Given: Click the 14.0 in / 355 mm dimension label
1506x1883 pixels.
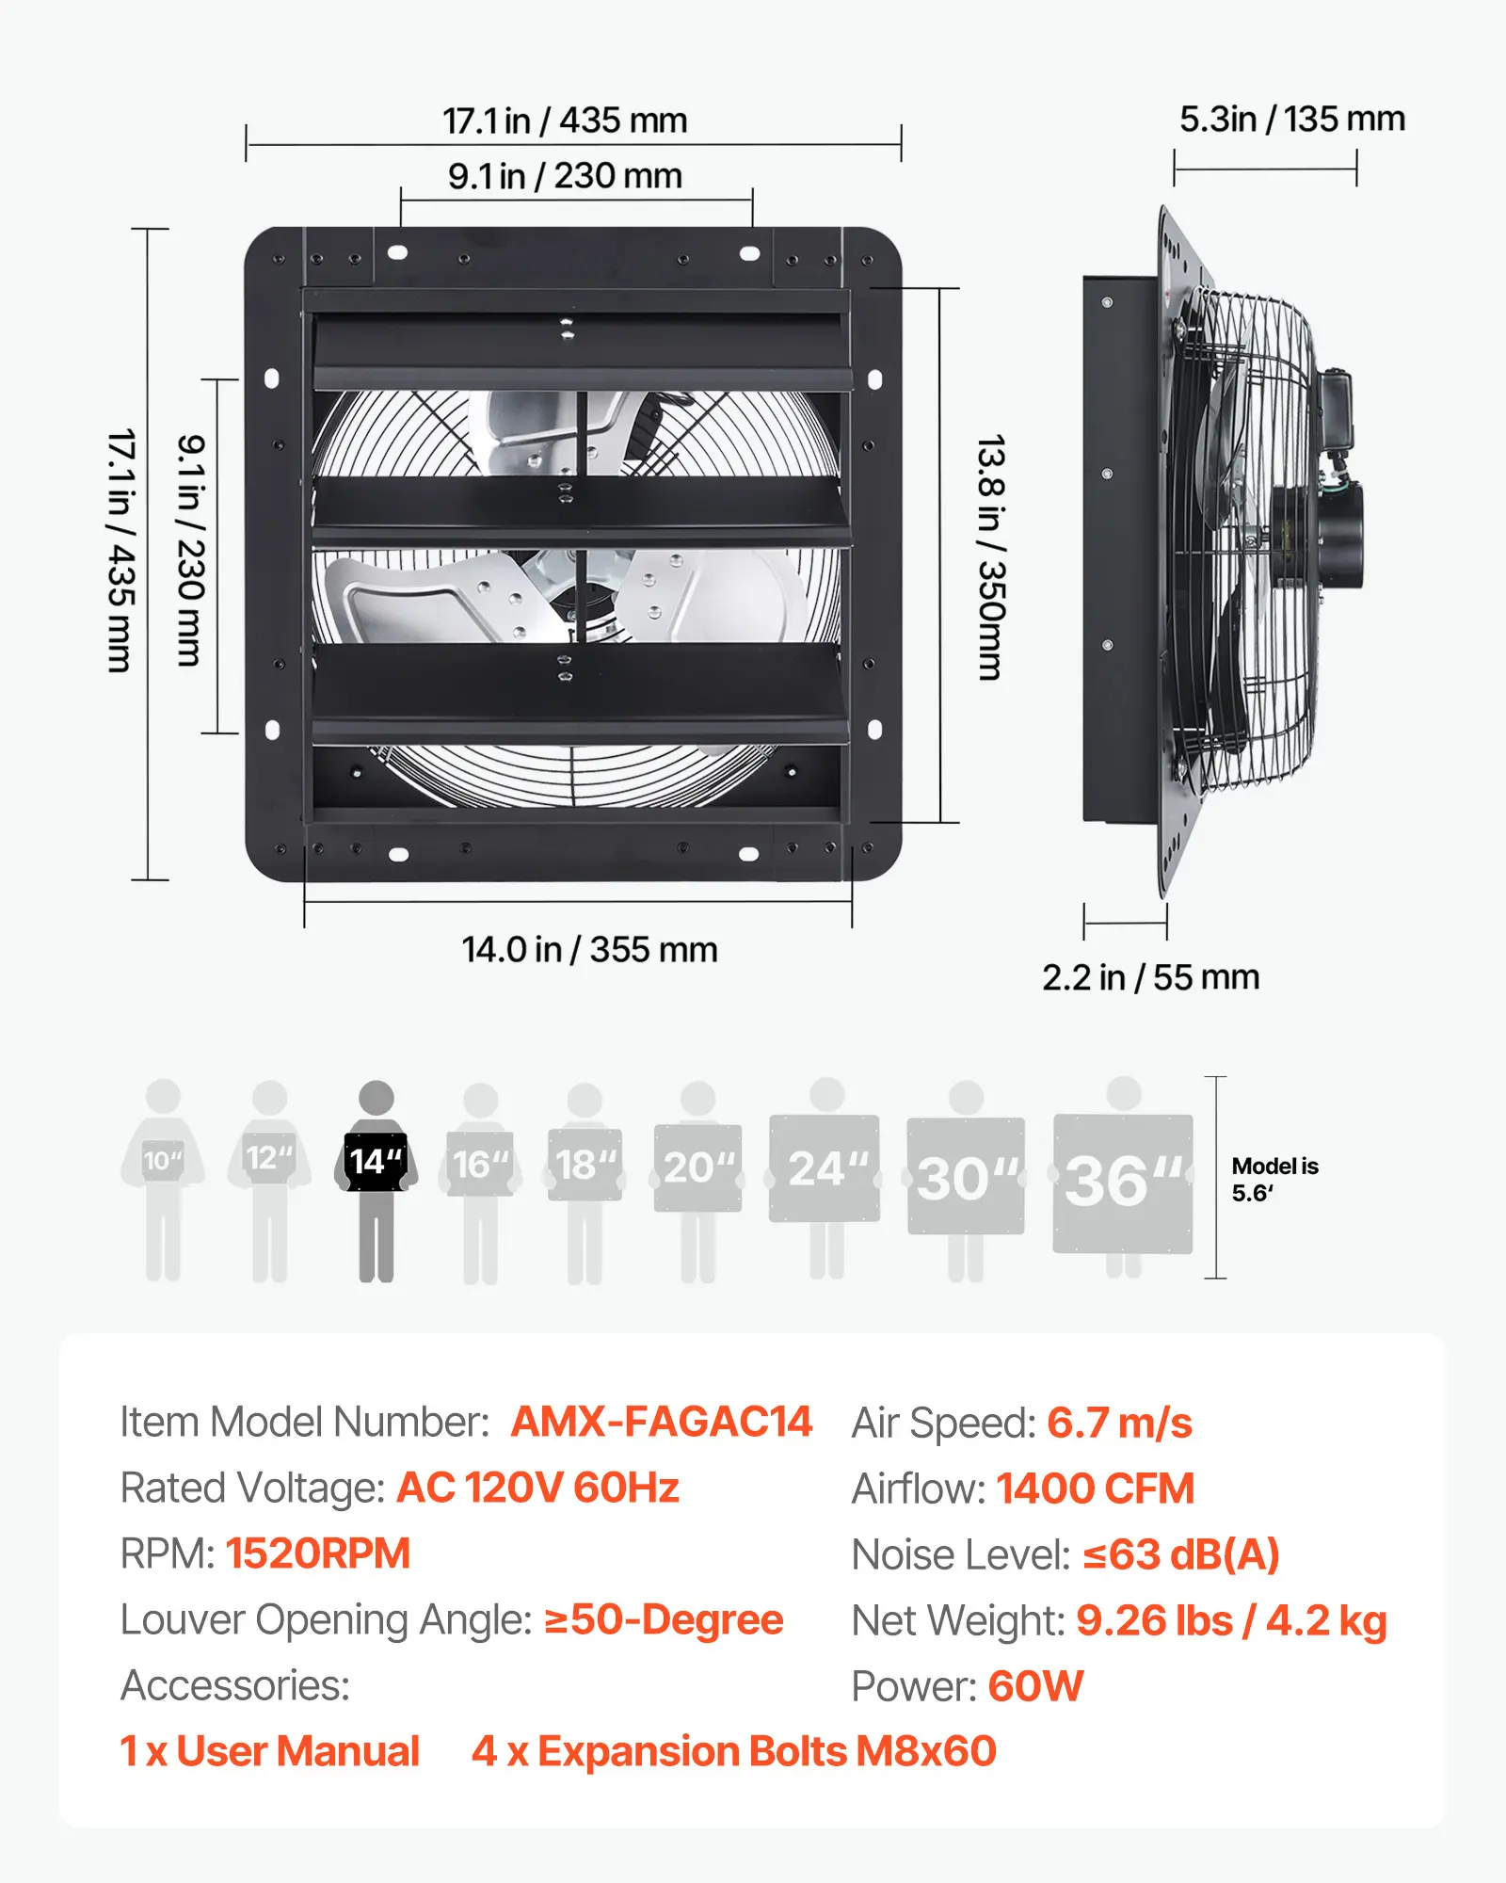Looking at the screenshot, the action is pos(589,949).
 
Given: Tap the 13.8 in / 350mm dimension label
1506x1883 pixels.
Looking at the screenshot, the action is pos(990,557).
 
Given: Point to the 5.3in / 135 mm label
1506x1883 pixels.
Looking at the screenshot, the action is pos(1292,120).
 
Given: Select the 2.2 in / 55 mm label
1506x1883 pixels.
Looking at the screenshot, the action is pos(1150,977).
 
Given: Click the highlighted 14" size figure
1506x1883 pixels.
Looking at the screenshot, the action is pos(376,1181).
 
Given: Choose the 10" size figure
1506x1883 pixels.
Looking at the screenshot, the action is pos(163,1180).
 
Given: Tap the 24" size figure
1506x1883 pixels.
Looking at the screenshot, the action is pos(826,1178).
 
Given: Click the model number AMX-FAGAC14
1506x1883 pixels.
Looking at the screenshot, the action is pos(662,1422).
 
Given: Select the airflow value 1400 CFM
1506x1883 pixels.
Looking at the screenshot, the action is pos(1096,1489).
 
